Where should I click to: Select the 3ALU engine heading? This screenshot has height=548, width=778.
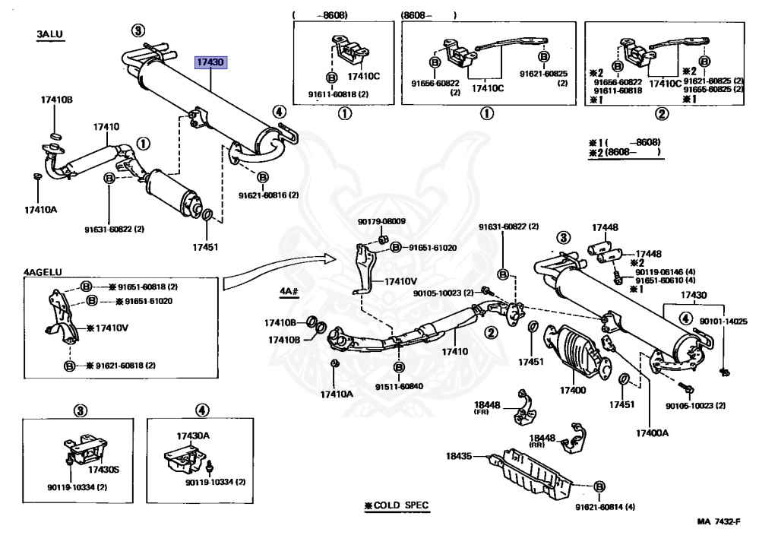(x=49, y=35)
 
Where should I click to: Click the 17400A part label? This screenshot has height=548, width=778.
(x=652, y=432)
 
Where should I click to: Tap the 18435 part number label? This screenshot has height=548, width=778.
(x=459, y=456)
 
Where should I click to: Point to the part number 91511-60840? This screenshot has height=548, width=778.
(x=399, y=387)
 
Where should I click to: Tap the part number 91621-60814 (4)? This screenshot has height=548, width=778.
(x=605, y=507)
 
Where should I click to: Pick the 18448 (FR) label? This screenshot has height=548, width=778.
(x=487, y=408)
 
